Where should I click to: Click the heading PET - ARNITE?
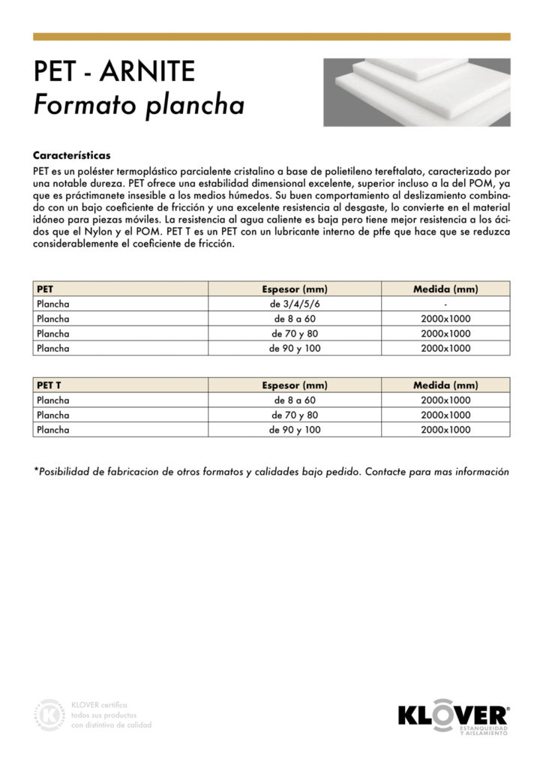[114, 73]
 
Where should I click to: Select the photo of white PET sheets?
[416, 92]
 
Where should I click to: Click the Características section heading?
[72, 156]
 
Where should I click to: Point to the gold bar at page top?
[271, 36]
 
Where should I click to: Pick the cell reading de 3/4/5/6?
[295, 304]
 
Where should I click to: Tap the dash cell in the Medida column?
[445, 304]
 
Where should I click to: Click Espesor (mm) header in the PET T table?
[295, 385]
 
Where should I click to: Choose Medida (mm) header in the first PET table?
[445, 289]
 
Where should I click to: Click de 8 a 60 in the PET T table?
[295, 400]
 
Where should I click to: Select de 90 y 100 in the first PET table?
[295, 348]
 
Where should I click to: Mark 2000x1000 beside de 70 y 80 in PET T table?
[445, 415]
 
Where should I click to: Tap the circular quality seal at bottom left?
[50, 715]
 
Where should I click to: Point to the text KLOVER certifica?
[99, 705]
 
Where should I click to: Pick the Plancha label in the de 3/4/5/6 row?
[53, 304]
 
